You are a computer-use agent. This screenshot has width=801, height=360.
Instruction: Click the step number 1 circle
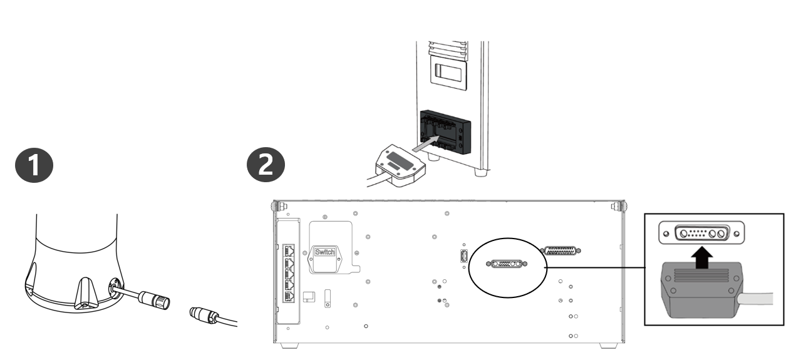(x=34, y=165)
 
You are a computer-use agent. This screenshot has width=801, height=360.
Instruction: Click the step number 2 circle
(x=266, y=165)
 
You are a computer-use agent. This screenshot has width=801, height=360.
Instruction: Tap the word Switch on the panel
(x=324, y=252)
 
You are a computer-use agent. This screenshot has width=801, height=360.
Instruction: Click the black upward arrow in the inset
(x=702, y=257)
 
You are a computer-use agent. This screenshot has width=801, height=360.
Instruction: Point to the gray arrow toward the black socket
(x=426, y=143)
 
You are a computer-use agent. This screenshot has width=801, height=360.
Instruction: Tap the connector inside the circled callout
(x=507, y=264)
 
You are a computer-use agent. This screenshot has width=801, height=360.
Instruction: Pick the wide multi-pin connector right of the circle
(x=560, y=250)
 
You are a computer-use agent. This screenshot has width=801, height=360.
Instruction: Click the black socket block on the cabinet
(x=445, y=132)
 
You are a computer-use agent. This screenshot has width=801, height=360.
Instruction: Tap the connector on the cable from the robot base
(x=155, y=300)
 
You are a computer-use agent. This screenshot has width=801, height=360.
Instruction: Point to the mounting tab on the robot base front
(x=85, y=292)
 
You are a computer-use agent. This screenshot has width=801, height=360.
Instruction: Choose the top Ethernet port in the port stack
(x=289, y=250)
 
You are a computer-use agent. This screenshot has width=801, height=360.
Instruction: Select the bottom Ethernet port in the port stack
(x=289, y=296)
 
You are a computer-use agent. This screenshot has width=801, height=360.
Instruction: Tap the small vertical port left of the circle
(x=464, y=256)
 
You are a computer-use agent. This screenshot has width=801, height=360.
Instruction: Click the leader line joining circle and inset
(x=595, y=267)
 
